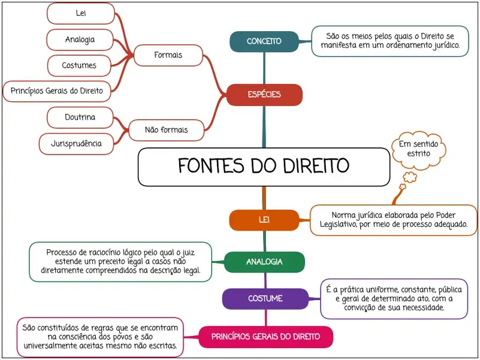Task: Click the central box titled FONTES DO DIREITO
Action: (x=264, y=167)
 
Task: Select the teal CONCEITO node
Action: (x=264, y=41)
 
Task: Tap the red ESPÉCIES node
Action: (x=264, y=95)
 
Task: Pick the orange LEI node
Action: (x=264, y=220)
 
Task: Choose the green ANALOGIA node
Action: (x=264, y=262)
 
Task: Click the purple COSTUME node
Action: (x=265, y=298)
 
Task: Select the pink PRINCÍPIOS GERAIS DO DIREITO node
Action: (x=265, y=337)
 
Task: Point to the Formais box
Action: (x=168, y=55)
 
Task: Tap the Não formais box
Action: (x=166, y=130)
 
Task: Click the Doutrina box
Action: (x=80, y=117)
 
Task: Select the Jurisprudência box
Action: (x=76, y=144)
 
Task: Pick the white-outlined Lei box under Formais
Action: (x=81, y=13)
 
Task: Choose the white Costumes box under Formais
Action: (x=79, y=65)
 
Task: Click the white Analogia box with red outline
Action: (x=80, y=40)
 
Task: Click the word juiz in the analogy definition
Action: (x=188, y=253)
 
